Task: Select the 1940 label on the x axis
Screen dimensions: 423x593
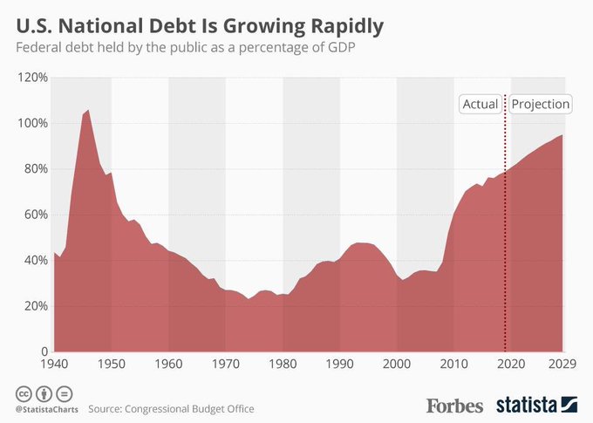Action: pos(52,365)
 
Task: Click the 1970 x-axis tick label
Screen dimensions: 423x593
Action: pos(226,365)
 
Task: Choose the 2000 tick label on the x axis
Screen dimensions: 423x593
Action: pos(397,365)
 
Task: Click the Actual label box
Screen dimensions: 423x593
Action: pos(480,105)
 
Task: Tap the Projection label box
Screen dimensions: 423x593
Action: pos(541,105)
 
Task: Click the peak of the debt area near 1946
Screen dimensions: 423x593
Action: pos(87,111)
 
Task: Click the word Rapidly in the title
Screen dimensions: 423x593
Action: pos(339,24)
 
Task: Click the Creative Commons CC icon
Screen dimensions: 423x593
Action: pos(21,392)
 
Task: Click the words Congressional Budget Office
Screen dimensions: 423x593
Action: pos(191,407)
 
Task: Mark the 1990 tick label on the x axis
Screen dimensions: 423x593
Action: pos(340,365)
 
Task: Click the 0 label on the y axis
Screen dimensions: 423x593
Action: pos(40,351)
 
